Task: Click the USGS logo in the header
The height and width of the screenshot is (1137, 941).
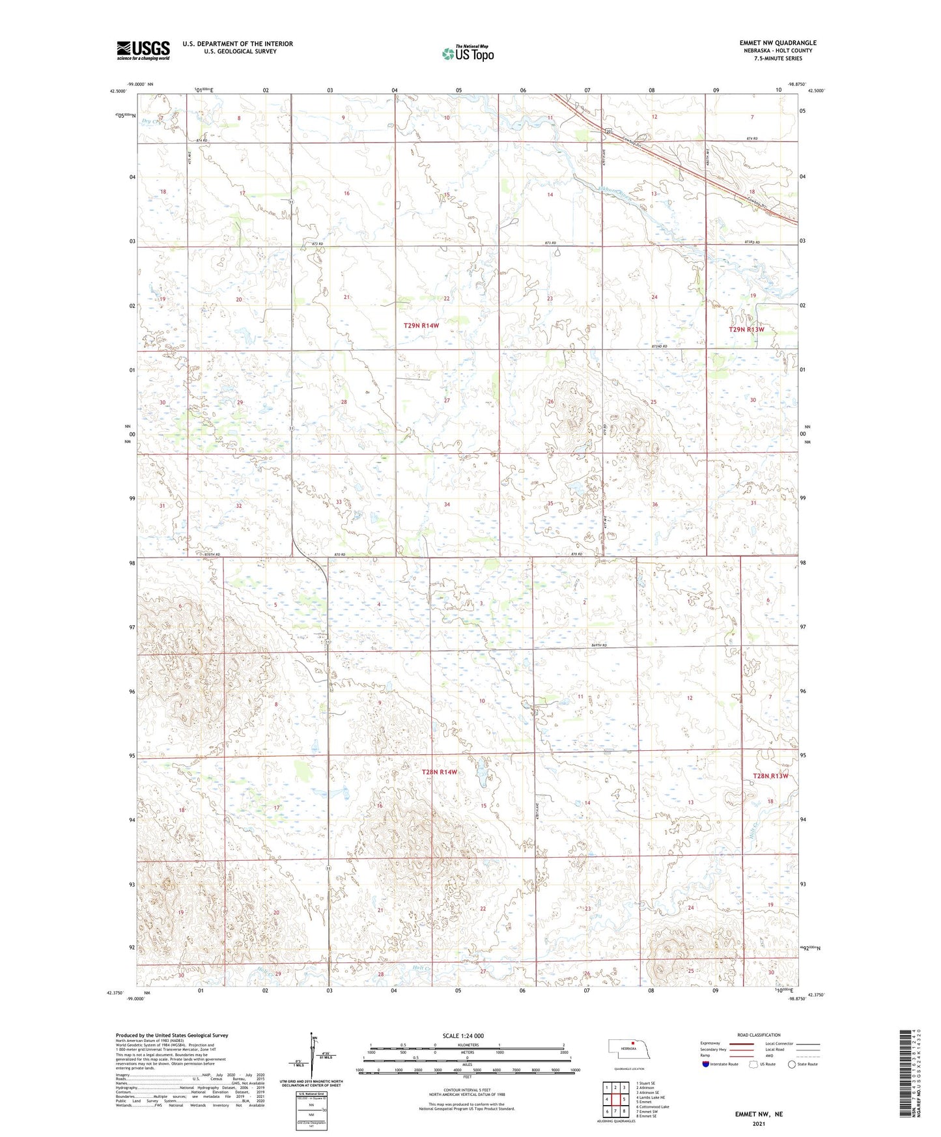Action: pyautogui.click(x=143, y=50)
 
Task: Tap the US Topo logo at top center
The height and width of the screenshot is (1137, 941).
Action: pyautogui.click(x=468, y=53)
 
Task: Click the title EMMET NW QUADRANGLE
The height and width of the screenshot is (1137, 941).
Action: pyautogui.click(x=778, y=43)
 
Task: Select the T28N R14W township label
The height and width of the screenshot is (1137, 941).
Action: pyautogui.click(x=440, y=772)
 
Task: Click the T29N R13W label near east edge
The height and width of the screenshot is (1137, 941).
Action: pyautogui.click(x=746, y=330)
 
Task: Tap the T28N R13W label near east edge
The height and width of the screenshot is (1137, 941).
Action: pyautogui.click(x=770, y=776)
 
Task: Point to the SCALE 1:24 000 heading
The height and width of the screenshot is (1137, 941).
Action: pyautogui.click(x=463, y=1035)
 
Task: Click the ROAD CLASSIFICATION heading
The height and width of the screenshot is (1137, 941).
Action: pyautogui.click(x=759, y=1035)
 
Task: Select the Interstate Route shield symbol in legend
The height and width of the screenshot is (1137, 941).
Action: pyautogui.click(x=705, y=1064)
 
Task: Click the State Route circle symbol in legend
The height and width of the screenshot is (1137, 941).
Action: pyautogui.click(x=792, y=1064)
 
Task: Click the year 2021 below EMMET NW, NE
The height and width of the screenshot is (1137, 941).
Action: pyautogui.click(x=759, y=1124)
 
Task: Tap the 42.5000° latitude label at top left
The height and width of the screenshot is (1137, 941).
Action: pyautogui.click(x=119, y=91)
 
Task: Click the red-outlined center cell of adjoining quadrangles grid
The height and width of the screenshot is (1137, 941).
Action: pyautogui.click(x=615, y=1099)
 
